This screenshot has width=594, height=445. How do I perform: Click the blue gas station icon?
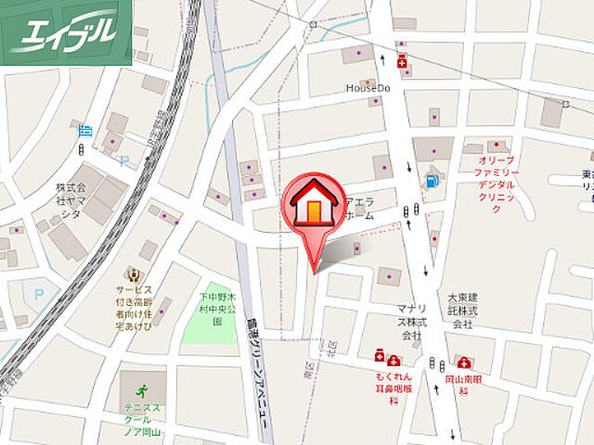click(x=431, y=181)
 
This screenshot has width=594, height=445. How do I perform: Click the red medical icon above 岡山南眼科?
click(x=464, y=362)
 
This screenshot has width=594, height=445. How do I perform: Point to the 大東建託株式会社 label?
click(x=461, y=311)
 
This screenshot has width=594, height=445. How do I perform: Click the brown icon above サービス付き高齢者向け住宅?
click(x=135, y=274)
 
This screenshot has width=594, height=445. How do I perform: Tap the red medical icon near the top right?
click(x=402, y=63)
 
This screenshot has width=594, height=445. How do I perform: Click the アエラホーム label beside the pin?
click(x=359, y=209)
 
